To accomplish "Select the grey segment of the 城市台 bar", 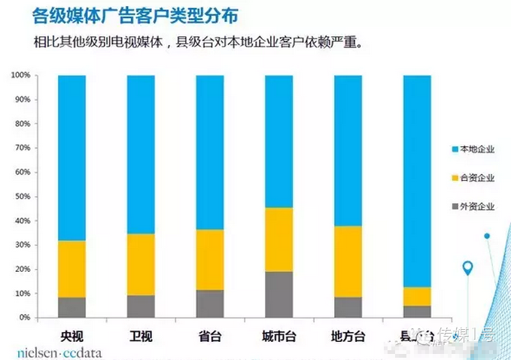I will pos(278,294).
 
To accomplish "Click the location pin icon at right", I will pos(468,268).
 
